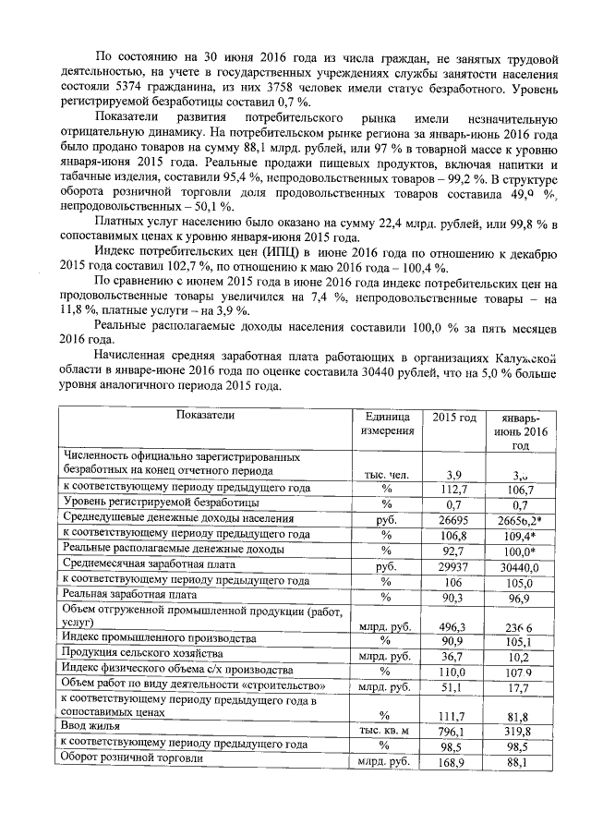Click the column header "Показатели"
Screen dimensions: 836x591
pos(206,415)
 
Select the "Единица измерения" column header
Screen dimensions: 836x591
pos(386,424)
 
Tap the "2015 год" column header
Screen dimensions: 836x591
pos(454,418)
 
